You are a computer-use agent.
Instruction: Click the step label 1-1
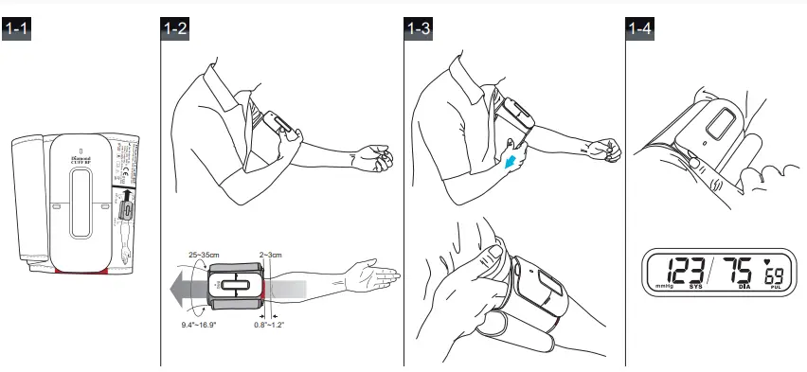(x=18, y=29)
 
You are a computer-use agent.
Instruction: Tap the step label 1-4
(x=641, y=29)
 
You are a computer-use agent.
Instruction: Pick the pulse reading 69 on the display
(x=775, y=276)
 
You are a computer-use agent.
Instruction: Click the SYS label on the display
(x=696, y=285)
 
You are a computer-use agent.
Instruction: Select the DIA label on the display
(x=744, y=285)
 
